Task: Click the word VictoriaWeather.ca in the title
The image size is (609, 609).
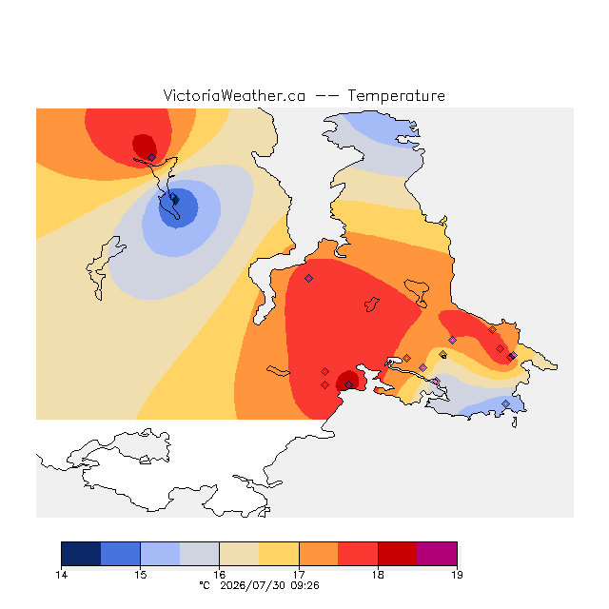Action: click(x=234, y=95)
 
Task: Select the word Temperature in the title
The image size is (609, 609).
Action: click(x=396, y=96)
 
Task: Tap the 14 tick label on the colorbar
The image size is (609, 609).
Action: click(x=61, y=575)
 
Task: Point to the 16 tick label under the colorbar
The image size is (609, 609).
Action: click(x=220, y=575)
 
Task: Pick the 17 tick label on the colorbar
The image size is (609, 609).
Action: click(x=299, y=575)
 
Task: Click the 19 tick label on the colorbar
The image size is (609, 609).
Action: click(x=457, y=575)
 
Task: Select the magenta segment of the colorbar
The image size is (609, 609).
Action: click(x=437, y=554)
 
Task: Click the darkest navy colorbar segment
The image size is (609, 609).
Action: click(x=81, y=554)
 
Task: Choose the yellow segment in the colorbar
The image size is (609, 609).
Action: click(x=279, y=554)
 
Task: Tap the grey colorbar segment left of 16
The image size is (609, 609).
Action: click(x=200, y=554)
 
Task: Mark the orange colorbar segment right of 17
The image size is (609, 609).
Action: click(x=319, y=554)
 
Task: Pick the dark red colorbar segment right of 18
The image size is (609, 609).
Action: click(x=398, y=554)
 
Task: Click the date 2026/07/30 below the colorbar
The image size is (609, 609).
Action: click(x=252, y=585)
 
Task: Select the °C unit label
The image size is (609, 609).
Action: click(x=205, y=585)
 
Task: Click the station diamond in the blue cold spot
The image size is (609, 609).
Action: click(x=174, y=199)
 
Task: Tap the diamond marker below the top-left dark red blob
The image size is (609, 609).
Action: click(x=152, y=157)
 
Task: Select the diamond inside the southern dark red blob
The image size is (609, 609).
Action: click(x=349, y=384)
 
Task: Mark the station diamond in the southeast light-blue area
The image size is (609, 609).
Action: click(x=505, y=403)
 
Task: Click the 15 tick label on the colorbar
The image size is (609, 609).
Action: click(x=140, y=575)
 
